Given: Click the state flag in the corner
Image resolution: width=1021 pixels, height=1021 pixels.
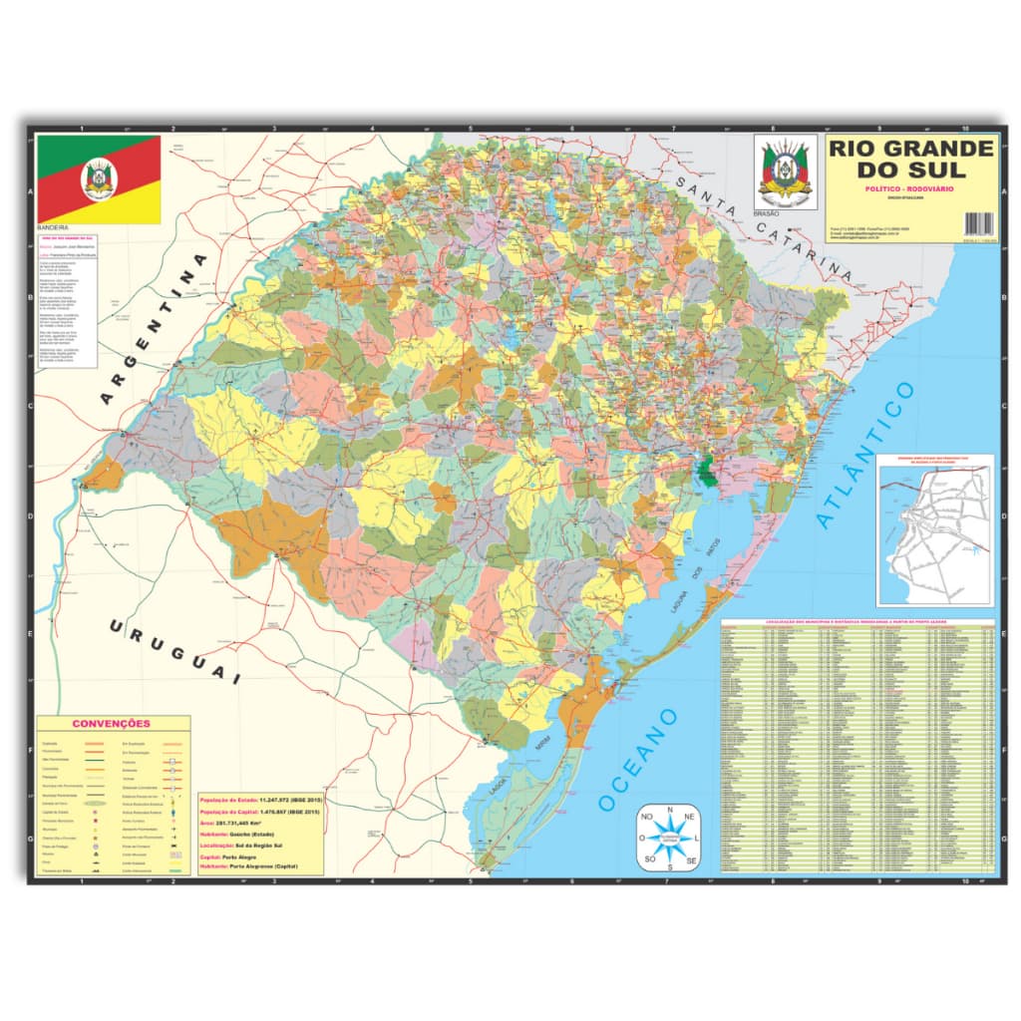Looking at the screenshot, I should tap(99, 179).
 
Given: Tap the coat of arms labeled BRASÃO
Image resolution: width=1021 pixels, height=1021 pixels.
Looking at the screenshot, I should tap(785, 171).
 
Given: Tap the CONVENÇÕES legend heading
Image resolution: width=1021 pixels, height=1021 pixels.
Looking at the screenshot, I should tap(112, 723).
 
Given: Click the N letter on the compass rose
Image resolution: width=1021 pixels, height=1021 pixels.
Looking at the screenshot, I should tap(671, 809).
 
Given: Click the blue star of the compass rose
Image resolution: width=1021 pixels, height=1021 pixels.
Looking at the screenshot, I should tap(671, 838).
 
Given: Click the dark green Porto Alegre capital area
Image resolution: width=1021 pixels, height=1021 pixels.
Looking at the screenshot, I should tap(706, 470).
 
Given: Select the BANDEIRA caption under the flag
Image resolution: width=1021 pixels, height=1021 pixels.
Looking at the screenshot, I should tap(54, 227).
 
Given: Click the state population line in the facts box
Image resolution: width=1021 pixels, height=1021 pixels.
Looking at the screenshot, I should tap(260, 801).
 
